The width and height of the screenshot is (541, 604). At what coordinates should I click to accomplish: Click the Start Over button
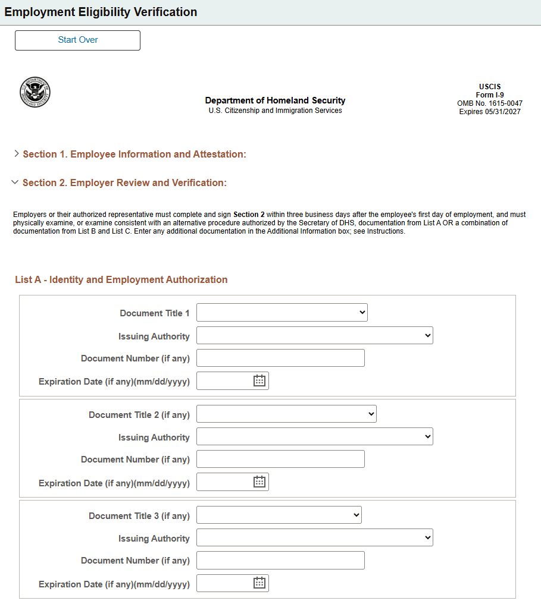[x=77, y=40]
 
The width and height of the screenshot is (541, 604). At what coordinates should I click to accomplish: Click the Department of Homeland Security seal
[x=35, y=92]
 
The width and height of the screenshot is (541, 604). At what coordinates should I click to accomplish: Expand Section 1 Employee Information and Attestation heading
[x=134, y=155]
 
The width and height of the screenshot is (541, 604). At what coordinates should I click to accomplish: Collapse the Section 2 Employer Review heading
[x=124, y=183]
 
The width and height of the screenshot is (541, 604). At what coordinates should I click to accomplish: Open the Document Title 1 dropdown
[x=282, y=313]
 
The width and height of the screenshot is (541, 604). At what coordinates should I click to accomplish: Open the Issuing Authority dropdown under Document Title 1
[x=314, y=336]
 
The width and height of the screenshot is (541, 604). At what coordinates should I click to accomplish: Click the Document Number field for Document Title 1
[x=280, y=358]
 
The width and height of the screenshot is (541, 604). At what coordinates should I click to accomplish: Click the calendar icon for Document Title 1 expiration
[x=259, y=381]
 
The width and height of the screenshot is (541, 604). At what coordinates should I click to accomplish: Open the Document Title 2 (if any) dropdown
[x=286, y=414]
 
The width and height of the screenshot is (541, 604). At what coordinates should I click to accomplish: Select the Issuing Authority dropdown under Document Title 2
[x=314, y=437]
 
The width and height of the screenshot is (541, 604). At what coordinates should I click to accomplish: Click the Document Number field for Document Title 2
[x=280, y=460]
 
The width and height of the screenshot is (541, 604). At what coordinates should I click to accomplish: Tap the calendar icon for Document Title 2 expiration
[x=259, y=482]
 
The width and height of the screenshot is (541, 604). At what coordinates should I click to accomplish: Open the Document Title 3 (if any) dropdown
[x=279, y=515]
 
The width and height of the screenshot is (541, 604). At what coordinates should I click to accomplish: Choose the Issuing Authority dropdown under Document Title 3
[x=314, y=538]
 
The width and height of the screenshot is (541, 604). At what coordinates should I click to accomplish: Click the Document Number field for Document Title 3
[x=280, y=561]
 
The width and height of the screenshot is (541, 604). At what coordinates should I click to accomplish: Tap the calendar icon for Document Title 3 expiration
[x=259, y=583]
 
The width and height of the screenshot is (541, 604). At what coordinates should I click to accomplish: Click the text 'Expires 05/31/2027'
[x=489, y=112]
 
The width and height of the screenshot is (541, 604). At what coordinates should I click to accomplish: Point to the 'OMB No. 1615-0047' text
[x=489, y=103]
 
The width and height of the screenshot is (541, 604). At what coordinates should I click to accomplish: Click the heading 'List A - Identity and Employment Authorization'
[x=121, y=280]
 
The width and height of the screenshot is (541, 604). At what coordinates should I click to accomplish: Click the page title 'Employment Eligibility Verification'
[x=101, y=12]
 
